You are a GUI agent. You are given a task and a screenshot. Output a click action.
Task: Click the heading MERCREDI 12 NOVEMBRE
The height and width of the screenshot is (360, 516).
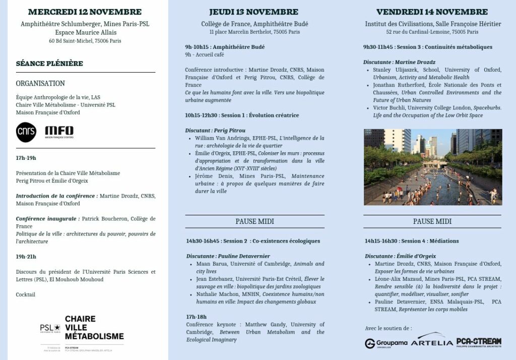pos(85,12)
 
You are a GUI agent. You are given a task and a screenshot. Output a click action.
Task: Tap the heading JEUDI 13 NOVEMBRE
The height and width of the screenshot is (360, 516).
pos(254,12)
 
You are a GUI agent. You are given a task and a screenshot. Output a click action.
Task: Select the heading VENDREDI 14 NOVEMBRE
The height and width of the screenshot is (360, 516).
pos(432,12)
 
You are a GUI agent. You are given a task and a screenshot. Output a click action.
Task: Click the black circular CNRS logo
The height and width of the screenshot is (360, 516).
pos(26,132)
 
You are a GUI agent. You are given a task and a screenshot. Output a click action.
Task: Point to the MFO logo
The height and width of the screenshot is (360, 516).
pos(59,132)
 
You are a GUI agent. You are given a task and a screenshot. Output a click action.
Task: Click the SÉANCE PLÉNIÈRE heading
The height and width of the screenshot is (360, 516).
pos(49,64)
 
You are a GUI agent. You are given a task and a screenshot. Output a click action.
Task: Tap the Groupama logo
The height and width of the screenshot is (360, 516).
pos(386,343)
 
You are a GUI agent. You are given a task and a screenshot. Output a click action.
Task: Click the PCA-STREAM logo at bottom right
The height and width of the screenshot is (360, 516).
pos(479,342)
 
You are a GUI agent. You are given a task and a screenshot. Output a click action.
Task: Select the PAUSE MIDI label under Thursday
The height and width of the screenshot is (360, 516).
pos(254,221)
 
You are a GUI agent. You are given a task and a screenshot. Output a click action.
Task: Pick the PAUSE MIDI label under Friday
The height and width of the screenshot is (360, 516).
pos(432,221)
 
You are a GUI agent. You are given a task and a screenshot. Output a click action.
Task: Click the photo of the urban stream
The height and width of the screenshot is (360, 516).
pos(433,167)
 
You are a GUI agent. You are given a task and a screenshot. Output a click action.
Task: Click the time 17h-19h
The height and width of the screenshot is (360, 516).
pos(26,158)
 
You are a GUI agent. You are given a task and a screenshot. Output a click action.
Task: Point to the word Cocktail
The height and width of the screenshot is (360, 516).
pos(26,294)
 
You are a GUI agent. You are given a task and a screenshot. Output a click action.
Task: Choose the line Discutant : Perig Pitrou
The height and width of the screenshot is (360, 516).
pos(214,131)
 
